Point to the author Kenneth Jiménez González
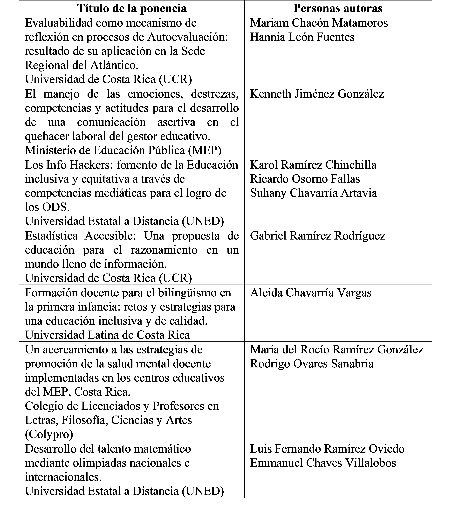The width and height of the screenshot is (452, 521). click(x=317, y=94)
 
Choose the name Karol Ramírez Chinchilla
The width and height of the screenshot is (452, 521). click(x=313, y=165)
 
